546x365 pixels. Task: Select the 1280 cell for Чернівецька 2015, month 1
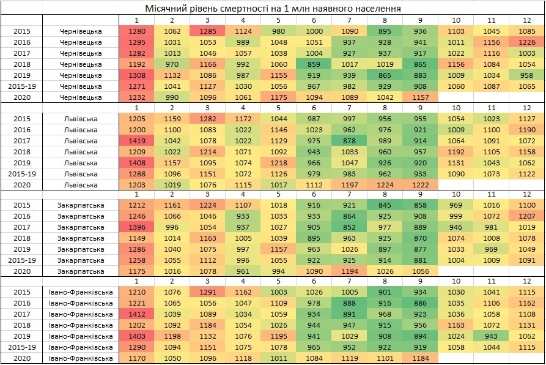pos(138,31)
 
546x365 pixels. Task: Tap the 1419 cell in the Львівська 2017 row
pos(138,141)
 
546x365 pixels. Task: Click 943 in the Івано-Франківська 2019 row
pos(492,337)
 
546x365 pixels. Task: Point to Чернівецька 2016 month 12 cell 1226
pos(526,42)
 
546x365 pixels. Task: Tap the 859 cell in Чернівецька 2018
pos(315,64)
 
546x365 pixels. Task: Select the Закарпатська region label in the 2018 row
pos(81,239)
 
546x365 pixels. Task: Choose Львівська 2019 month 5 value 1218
pos(279,163)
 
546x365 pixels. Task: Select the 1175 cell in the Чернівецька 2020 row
pos(279,97)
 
